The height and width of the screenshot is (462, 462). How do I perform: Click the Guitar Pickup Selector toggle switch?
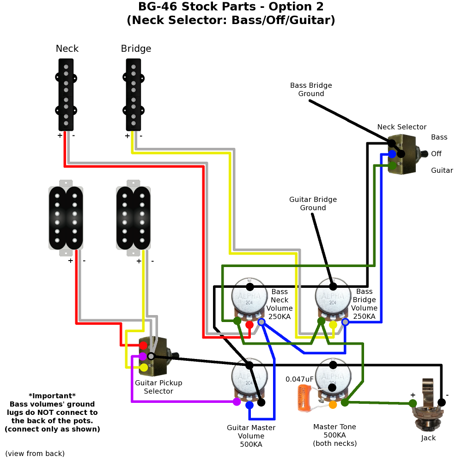coord(156,356)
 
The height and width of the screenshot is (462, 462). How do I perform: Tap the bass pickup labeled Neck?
coord(67,95)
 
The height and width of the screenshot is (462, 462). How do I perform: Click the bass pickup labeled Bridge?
coord(133,95)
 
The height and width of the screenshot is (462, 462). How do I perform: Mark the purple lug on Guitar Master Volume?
coord(237,402)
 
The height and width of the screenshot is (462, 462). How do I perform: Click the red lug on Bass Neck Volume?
coord(249,325)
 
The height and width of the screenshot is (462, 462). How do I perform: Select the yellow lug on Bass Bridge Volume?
coord(333,325)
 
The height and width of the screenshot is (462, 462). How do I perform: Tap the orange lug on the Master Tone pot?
coord(333,405)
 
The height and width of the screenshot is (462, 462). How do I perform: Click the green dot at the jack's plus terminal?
coord(413,403)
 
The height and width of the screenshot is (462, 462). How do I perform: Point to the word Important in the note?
coord(52,396)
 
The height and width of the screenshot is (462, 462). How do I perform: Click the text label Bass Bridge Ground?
coord(311,90)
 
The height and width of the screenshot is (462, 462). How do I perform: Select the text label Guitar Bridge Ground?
coord(313,204)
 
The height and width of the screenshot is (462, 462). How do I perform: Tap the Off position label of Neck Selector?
coord(436,154)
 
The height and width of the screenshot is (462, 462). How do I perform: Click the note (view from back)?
coord(35,453)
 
